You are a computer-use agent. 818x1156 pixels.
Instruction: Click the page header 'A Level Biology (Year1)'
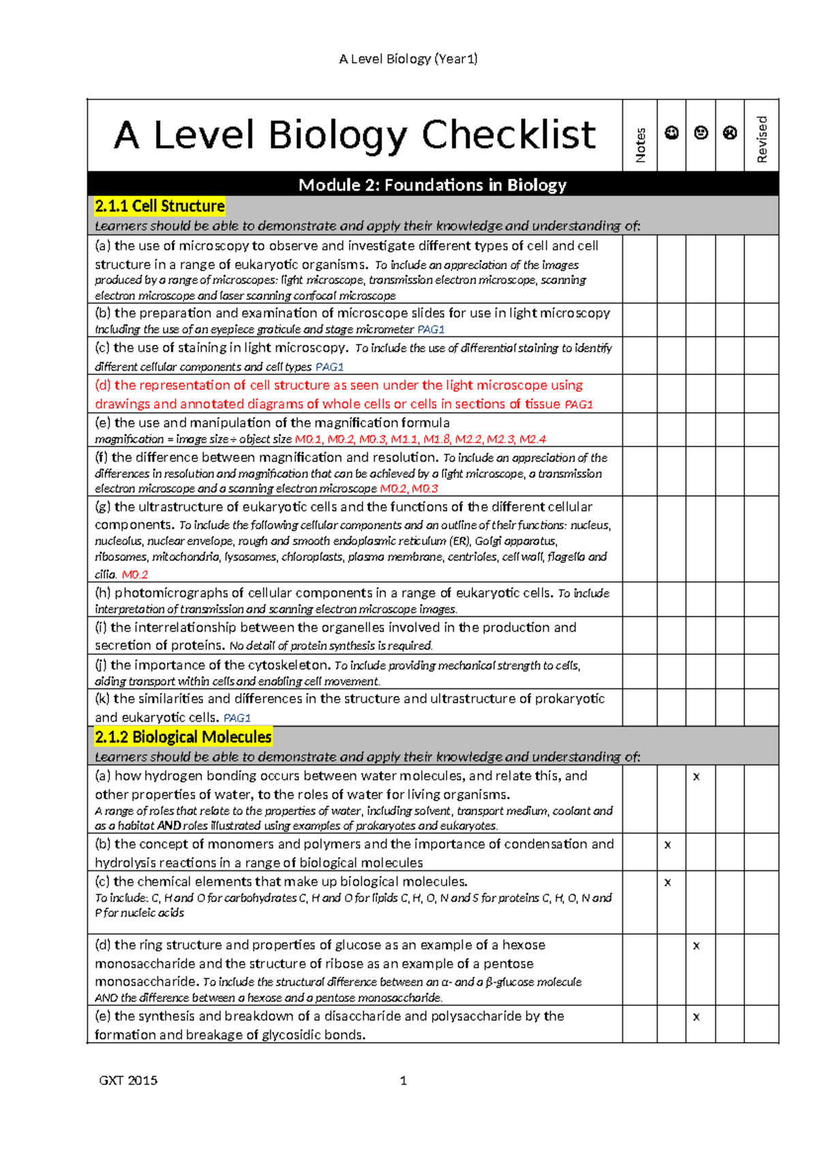[x=408, y=59]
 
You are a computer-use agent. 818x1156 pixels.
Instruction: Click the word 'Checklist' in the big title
[x=509, y=135]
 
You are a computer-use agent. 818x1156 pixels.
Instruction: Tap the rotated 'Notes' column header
[x=640, y=145]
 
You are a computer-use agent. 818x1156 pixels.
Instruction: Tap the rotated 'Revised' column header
[x=762, y=139]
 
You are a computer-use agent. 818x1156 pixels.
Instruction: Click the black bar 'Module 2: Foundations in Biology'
[x=432, y=185]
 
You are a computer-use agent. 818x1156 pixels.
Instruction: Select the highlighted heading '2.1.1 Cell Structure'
[x=160, y=206]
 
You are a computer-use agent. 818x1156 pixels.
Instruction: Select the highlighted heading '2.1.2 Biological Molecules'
[x=183, y=737]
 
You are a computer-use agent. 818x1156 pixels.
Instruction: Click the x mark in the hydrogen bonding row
[x=696, y=776]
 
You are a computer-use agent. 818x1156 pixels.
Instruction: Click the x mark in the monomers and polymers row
[x=667, y=845]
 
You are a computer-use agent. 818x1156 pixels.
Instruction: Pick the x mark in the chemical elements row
[x=667, y=882]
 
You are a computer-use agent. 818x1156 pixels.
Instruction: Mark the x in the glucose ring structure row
[x=696, y=945]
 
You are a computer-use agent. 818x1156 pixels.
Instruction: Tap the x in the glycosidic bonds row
[x=696, y=1016]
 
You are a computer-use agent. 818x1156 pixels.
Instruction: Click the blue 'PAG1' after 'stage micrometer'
[x=431, y=330]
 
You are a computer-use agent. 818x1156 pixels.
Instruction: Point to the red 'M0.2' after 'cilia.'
[x=135, y=575]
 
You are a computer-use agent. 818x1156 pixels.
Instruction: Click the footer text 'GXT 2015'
[x=128, y=1080]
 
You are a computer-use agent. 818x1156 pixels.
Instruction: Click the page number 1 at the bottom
[x=404, y=1080]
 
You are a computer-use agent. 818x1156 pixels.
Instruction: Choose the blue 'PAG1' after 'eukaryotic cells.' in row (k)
[x=237, y=718]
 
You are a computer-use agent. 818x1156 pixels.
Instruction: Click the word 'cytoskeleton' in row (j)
[x=289, y=665]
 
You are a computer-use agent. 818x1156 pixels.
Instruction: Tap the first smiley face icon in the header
[x=671, y=133]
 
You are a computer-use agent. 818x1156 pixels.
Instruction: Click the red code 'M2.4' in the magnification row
[x=532, y=440]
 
